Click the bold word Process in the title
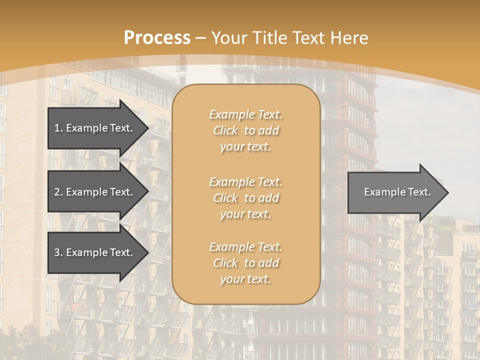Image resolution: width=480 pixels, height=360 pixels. pyautogui.click(x=157, y=38)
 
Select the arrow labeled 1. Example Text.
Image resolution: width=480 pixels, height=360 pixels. pyautogui.click(x=93, y=128)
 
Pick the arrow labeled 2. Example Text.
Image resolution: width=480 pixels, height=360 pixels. pyautogui.click(x=93, y=192)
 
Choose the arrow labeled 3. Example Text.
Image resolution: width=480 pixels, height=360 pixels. pyautogui.click(x=93, y=252)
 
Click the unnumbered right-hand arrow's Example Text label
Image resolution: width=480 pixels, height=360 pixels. pyautogui.click(x=397, y=192)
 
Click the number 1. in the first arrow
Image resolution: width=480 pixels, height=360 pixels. pyautogui.click(x=58, y=128)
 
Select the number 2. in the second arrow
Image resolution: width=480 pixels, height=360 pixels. pyautogui.click(x=58, y=192)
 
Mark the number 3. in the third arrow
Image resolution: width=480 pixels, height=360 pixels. pyautogui.click(x=58, y=252)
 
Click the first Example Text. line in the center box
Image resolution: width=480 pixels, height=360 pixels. pyautogui.click(x=245, y=114)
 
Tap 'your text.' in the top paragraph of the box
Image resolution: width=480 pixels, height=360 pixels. pyautogui.click(x=245, y=147)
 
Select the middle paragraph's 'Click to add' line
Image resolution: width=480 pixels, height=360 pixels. pyautogui.click(x=245, y=198)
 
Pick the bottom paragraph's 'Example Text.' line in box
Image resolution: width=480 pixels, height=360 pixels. pyautogui.click(x=245, y=247)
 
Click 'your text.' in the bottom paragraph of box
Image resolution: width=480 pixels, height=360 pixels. pyautogui.click(x=245, y=279)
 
